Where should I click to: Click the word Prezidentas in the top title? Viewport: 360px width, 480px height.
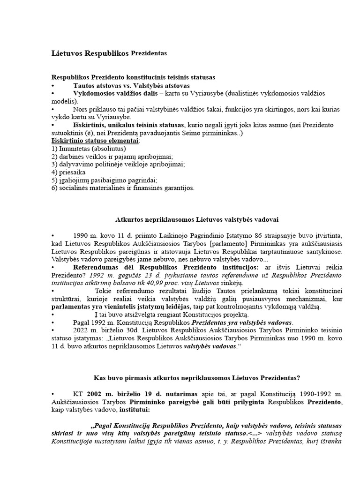pyautogui.click(x=149, y=53)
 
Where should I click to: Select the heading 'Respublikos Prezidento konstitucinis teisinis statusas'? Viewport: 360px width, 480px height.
pyautogui.click(x=133, y=77)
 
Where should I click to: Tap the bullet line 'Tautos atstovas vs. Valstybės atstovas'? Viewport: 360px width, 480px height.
pyautogui.click(x=131, y=86)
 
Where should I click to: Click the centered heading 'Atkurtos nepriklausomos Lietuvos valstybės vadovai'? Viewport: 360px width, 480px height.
pyautogui.click(x=198, y=219)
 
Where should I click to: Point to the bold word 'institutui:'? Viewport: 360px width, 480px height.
pyautogui.click(x=134, y=410)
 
